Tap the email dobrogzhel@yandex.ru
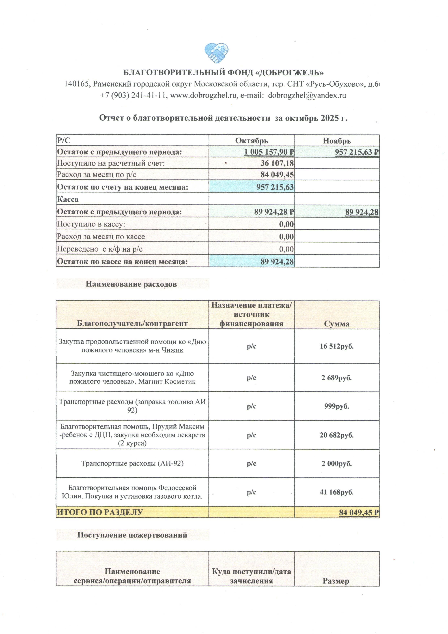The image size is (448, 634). pos(307,95)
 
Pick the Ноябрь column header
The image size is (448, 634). pos(337,141)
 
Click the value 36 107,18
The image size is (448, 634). pos(277,163)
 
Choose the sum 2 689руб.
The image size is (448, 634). pos(337,378)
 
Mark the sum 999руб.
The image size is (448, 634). pos(337,406)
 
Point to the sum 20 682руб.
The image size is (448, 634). pos(337,435)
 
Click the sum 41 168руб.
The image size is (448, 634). pos(337,492)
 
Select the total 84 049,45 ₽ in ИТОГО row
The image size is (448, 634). pos(358,513)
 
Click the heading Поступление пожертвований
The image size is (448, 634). pos(132,535)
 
